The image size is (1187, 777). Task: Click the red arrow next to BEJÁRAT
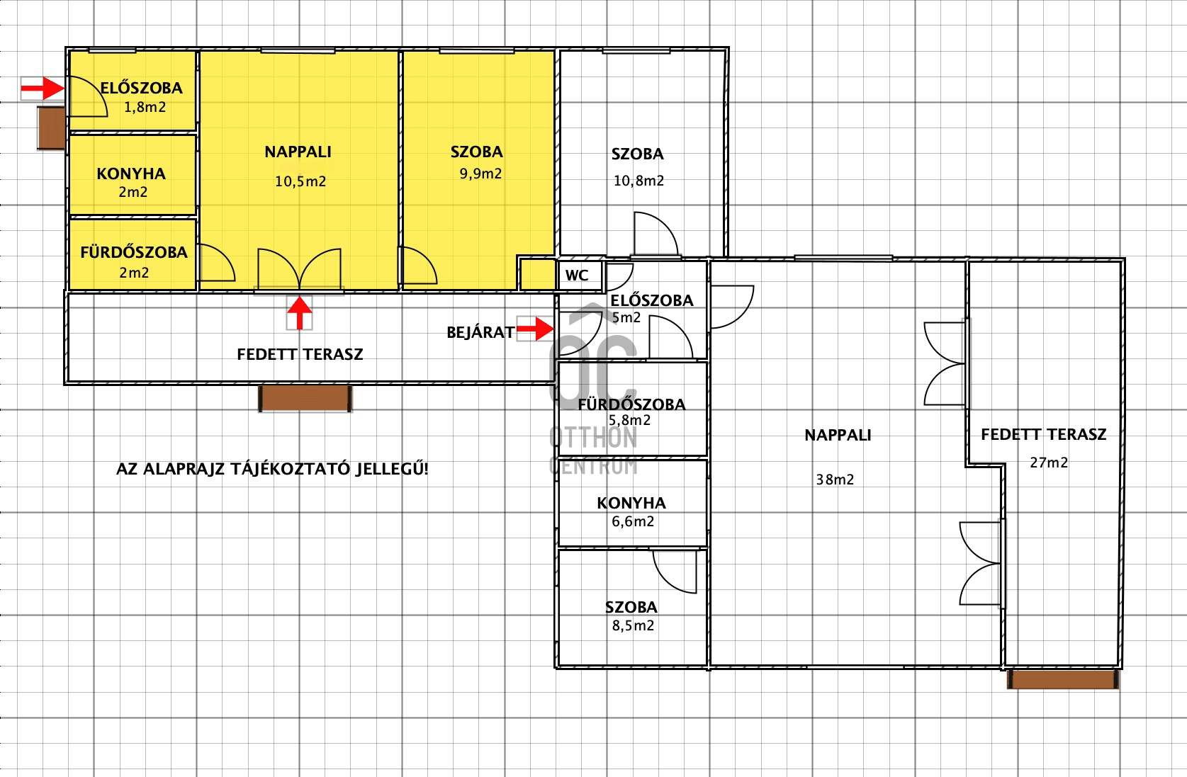pyautogui.click(x=535, y=329)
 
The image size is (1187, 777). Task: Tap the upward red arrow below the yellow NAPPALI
pyautogui.click(x=299, y=313)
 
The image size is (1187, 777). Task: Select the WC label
pyautogui.click(x=577, y=276)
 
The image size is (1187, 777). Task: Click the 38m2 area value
pyautogui.click(x=835, y=480)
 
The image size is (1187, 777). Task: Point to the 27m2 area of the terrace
pyautogui.click(x=1049, y=463)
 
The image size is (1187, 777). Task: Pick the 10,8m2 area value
pyautogui.click(x=638, y=181)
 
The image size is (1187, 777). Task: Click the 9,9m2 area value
pyautogui.click(x=480, y=174)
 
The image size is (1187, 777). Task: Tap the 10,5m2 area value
pyautogui.click(x=300, y=181)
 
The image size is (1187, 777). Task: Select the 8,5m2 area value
pyautogui.click(x=633, y=625)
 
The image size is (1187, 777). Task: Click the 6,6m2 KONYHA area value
pyautogui.click(x=633, y=522)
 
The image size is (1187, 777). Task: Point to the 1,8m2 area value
pyautogui.click(x=145, y=108)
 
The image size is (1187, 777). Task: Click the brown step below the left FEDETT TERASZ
pyautogui.click(x=305, y=398)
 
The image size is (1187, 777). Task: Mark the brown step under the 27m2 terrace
pyautogui.click(x=1063, y=679)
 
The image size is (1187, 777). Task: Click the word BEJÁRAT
pyautogui.click(x=480, y=332)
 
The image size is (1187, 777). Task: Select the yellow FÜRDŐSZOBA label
pyautogui.click(x=134, y=252)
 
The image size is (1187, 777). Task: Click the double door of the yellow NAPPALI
pyautogui.click(x=299, y=270)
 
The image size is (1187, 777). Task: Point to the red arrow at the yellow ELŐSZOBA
pyautogui.click(x=43, y=88)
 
